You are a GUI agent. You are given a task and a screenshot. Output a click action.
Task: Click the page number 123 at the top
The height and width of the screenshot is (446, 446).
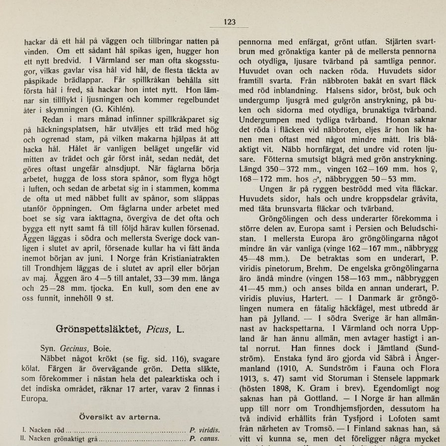pos(229,22)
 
